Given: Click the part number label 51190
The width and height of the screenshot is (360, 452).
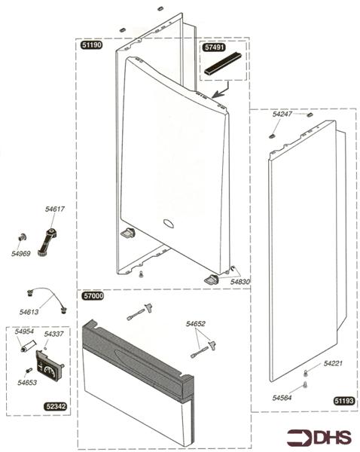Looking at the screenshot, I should click(x=91, y=45).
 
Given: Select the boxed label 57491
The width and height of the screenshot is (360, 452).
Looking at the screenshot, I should click(x=214, y=47).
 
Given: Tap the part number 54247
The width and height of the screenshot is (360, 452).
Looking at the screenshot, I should click(x=282, y=114).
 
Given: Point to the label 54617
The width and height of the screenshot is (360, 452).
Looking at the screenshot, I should click(x=55, y=209).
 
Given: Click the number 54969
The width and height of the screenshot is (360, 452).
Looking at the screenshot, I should click(x=21, y=254).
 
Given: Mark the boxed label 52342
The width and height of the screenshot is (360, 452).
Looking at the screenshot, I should click(x=56, y=406).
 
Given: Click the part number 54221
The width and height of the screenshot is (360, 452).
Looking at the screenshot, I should click(x=333, y=364).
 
